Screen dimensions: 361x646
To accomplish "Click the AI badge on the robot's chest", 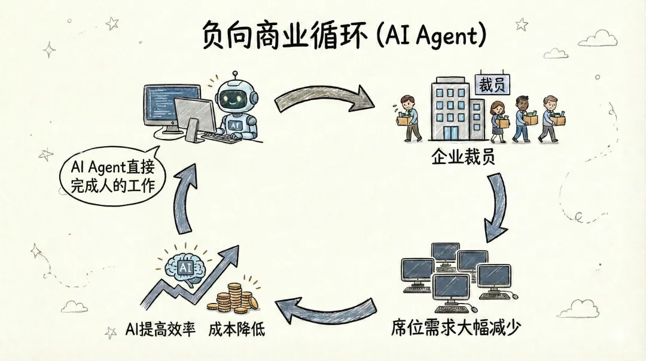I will pyautogui.click(x=235, y=124).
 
